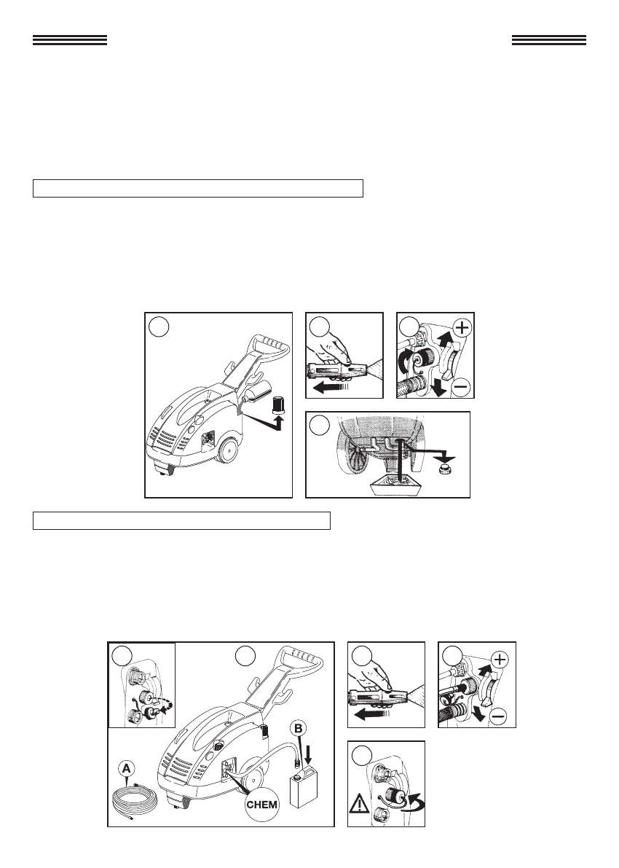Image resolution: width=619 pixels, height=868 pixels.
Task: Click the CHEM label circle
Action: [262, 804]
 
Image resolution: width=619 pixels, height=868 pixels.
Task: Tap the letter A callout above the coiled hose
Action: [127, 768]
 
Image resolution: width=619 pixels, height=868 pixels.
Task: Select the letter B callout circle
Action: [299, 729]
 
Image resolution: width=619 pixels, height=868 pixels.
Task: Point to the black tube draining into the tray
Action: [397, 459]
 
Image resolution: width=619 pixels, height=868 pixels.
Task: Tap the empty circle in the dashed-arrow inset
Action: [122, 656]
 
